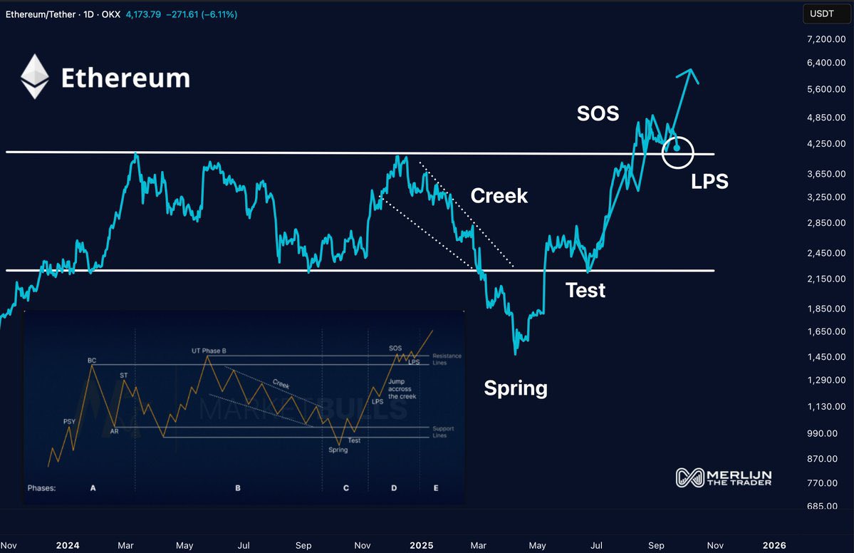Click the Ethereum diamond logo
point(34,77)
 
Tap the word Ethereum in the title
point(125,78)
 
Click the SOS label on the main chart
point(598,113)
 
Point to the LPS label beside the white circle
point(709,182)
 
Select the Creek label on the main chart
point(499,196)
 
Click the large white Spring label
point(516,388)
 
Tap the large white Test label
point(585,290)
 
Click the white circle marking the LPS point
point(677,152)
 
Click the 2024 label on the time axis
point(68,546)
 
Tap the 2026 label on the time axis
point(775,546)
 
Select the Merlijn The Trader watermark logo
point(724,477)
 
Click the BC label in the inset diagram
point(92,361)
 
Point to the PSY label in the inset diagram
point(69,421)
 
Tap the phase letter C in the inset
point(346,488)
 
